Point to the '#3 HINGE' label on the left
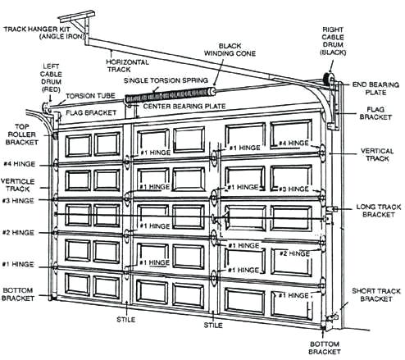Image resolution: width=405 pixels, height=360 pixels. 19,200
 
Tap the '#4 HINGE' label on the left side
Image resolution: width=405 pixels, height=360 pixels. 20,163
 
